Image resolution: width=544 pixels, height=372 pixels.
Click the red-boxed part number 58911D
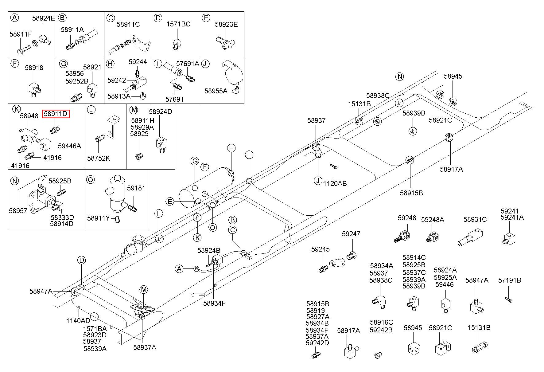pyautogui.click(x=56, y=114)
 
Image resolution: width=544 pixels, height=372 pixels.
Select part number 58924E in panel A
pyautogui.click(x=44, y=18)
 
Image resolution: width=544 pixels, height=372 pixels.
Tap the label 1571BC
pyautogui.click(x=178, y=24)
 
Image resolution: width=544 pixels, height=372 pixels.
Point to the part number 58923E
pyautogui.click(x=226, y=24)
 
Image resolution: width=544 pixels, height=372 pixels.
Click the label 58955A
pyautogui.click(x=216, y=91)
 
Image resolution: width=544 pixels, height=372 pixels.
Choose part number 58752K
pyautogui.click(x=99, y=159)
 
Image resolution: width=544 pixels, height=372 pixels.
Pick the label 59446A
pyautogui.click(x=69, y=146)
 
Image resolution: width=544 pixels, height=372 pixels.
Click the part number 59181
pyautogui.click(x=136, y=188)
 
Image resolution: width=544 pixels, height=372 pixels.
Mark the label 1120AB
pyautogui.click(x=335, y=183)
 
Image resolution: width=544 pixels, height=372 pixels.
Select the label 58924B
pyautogui.click(x=209, y=250)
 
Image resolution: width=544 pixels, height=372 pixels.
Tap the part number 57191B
pyautogui.click(x=510, y=280)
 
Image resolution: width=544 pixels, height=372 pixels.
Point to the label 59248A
pyautogui.click(x=433, y=220)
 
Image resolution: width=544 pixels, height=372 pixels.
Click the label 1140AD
pyautogui.click(x=78, y=321)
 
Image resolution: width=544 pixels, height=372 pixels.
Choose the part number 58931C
pyautogui.click(x=475, y=219)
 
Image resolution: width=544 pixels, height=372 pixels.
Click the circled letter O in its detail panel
pyautogui.click(x=91, y=180)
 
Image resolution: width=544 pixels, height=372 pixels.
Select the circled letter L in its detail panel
pyautogui.click(x=91, y=109)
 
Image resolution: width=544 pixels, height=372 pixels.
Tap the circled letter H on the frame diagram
pyautogui.click(x=231, y=148)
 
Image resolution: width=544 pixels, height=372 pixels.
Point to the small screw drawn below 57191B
pyautogui.click(x=509, y=299)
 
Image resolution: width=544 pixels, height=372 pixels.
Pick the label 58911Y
pyautogui.click(x=99, y=218)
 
